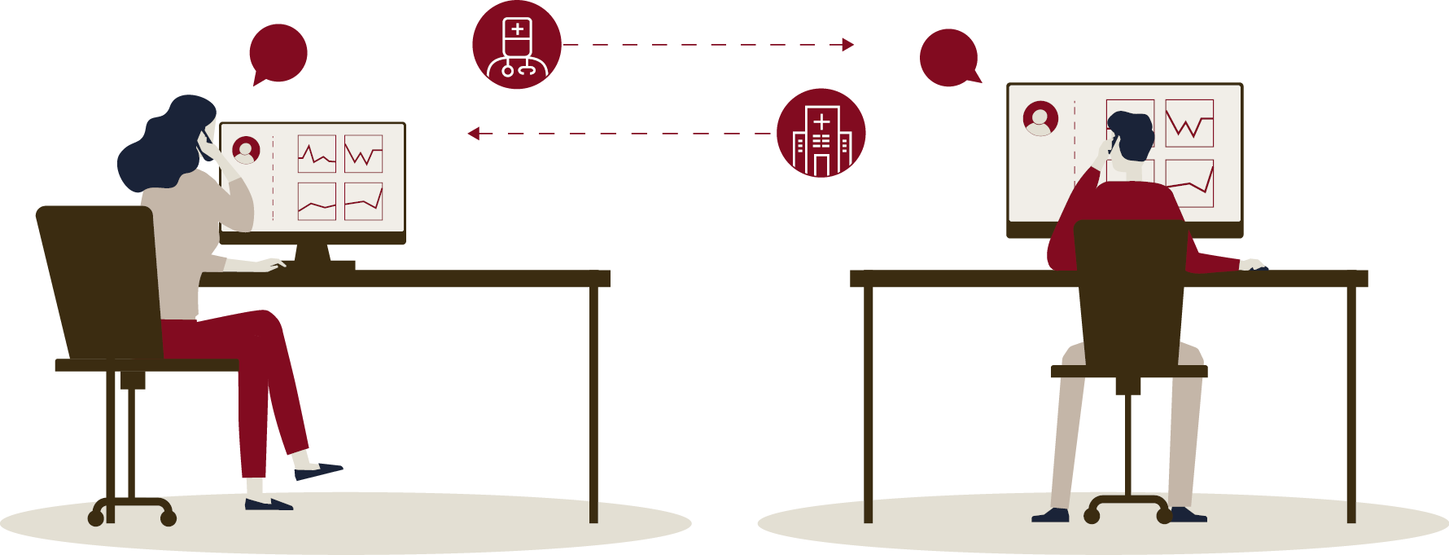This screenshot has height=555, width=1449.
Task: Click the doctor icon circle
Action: (517, 45)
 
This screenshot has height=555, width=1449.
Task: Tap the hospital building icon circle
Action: (821, 133)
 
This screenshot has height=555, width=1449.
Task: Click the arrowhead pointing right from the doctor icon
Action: (848, 45)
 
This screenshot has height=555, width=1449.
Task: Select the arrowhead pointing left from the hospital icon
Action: (474, 133)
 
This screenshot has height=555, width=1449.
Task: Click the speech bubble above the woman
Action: (278, 54)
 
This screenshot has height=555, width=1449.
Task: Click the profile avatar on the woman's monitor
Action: (246, 150)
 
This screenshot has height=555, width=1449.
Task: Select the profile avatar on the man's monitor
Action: (1040, 118)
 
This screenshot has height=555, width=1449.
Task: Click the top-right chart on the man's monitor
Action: (1189, 123)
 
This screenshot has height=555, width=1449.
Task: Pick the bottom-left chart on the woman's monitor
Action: (317, 201)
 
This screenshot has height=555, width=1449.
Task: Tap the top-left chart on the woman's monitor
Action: (317, 154)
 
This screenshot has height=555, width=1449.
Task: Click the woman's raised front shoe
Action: (319, 471)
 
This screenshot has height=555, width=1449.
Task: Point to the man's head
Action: (1132, 134)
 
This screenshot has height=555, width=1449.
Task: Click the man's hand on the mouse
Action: (1252, 265)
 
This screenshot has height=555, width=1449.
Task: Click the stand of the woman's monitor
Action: (313, 254)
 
